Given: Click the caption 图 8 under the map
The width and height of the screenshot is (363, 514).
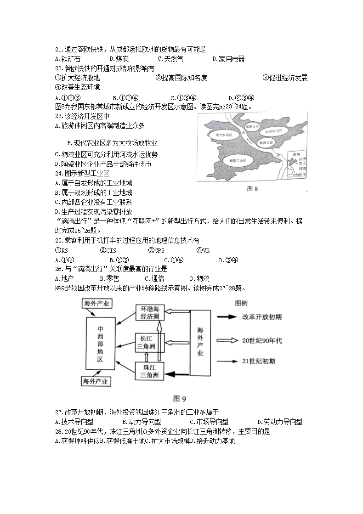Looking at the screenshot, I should pos(253,188).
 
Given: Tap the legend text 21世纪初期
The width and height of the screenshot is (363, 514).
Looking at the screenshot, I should pos(259,361).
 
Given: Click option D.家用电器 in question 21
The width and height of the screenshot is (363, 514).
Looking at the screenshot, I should pos(228,59).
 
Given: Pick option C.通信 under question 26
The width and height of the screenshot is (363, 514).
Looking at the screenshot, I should pos(154,278).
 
